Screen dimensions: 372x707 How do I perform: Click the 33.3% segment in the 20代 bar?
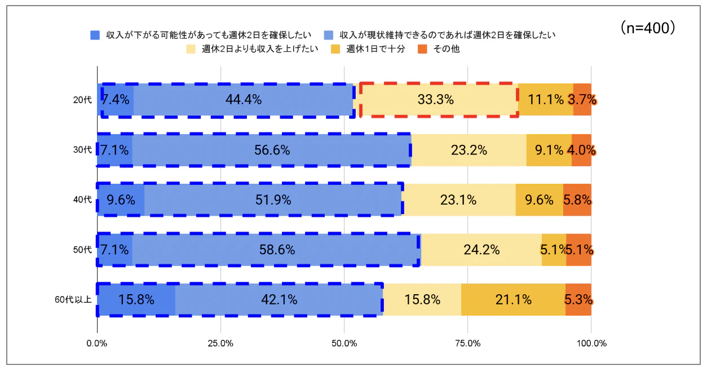(x=436, y=100)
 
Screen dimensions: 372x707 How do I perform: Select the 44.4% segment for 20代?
(x=244, y=100)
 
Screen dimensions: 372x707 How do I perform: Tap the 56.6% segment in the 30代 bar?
(x=272, y=150)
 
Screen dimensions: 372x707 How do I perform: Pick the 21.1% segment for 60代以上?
(x=513, y=300)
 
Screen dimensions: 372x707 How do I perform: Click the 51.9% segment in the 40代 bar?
(x=273, y=200)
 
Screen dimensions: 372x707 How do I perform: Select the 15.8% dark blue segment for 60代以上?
(x=136, y=300)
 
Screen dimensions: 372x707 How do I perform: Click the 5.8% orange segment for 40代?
(x=577, y=200)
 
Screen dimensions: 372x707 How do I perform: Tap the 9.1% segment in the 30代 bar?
(x=549, y=150)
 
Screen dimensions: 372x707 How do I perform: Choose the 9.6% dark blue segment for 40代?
(x=121, y=200)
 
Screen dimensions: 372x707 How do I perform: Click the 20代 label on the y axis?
(x=82, y=100)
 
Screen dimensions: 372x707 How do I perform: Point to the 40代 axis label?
(x=82, y=200)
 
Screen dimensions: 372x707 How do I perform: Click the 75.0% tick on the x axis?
(x=467, y=343)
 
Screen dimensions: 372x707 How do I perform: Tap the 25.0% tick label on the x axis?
(x=220, y=343)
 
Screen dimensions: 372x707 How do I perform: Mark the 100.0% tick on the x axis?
(x=591, y=343)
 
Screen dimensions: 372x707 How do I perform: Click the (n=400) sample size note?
(x=648, y=28)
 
